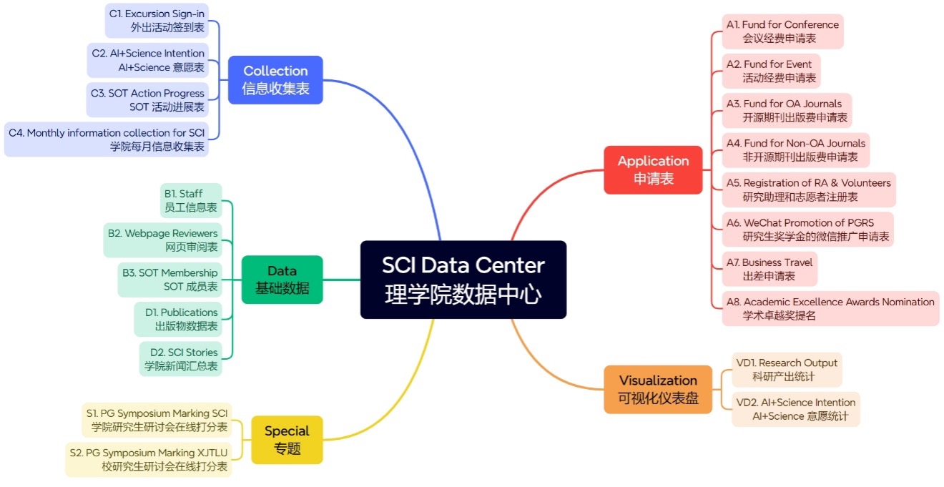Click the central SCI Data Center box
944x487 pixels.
[x=463, y=280]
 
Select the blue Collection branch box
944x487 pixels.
[x=275, y=79]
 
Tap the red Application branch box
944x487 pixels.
[x=653, y=169]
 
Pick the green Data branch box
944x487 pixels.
[x=282, y=280]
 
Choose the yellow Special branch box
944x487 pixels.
[x=287, y=440]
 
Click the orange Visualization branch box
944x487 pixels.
[x=658, y=389]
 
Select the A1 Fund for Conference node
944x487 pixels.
[x=782, y=31]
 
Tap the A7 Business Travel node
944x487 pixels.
[x=770, y=269]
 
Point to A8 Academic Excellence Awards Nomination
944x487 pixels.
[x=830, y=309]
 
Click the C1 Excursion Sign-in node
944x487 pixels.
[x=157, y=21]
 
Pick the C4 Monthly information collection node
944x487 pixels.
[x=106, y=139]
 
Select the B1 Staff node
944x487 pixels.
[x=190, y=200]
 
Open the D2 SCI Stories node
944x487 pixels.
[x=180, y=359]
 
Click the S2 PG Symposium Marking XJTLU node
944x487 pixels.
[x=148, y=460]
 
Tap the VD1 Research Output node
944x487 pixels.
[x=787, y=370]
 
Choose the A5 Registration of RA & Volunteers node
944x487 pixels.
[x=809, y=190]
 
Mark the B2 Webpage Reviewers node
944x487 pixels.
[x=162, y=240]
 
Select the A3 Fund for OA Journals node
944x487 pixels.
[x=787, y=111]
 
